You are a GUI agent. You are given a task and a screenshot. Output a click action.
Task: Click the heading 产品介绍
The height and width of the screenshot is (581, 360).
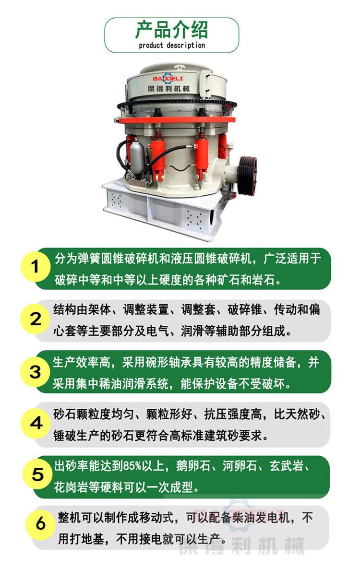tap(171, 30)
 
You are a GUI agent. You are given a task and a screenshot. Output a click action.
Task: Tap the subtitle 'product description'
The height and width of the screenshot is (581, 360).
tap(171, 46)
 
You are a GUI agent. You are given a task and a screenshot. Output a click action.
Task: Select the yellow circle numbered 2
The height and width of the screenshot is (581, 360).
tap(36, 319)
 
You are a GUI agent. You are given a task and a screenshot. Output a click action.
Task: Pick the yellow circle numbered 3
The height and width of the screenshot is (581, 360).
tap(36, 371)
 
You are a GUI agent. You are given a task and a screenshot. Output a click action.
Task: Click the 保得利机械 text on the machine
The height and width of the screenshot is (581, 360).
tap(170, 89)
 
